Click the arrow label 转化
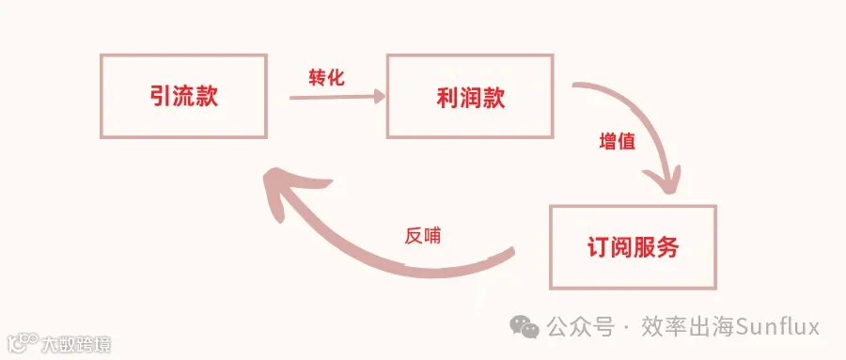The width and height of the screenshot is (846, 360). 326,78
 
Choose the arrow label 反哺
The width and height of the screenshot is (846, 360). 422,236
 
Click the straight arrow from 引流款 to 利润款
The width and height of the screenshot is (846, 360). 337,97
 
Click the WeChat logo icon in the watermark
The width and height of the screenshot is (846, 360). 525,326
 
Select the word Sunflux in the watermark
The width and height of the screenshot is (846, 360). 778,327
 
